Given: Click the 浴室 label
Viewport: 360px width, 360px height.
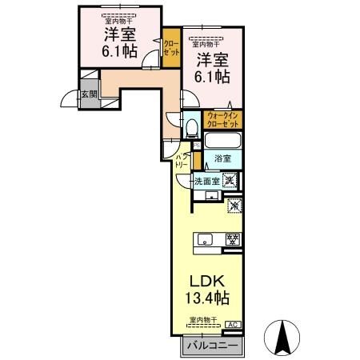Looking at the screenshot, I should pos(222,159).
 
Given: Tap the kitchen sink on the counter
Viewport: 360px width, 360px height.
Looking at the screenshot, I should pos(205,238).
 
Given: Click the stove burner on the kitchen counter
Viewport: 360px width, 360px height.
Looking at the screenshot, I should pos(233,238).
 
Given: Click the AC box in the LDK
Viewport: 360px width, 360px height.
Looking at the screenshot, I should pos(233,324).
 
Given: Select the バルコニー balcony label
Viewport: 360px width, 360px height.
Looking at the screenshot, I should pos(210,346).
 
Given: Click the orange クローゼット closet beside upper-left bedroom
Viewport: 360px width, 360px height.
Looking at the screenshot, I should pos(170,47).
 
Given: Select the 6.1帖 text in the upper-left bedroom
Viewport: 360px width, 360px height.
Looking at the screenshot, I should pos(118,50).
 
